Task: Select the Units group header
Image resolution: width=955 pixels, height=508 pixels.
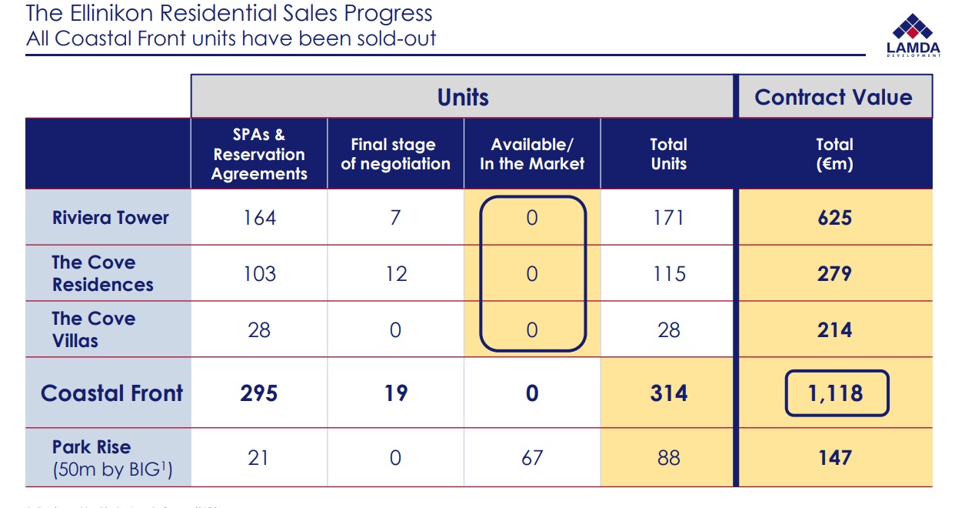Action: pos(463,97)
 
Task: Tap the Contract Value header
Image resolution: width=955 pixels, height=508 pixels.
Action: pos(834,97)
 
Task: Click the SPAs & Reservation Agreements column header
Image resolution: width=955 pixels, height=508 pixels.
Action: pos(259,154)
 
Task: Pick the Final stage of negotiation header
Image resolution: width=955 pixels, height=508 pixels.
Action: pos(395,154)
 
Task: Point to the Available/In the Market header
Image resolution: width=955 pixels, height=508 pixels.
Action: pos(532,154)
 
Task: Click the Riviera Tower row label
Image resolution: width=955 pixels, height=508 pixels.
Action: pos(110,218)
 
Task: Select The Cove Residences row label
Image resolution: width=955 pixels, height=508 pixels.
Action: pos(102,273)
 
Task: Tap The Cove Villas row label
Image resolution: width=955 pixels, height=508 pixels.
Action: pos(93,329)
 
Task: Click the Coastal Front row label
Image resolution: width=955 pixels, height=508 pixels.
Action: pos(111,393)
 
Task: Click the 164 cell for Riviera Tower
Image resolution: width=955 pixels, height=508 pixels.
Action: pos(259,218)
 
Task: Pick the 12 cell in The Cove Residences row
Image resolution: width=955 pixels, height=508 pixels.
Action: pos(395,274)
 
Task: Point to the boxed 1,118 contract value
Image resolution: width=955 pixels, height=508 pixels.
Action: pos(836,393)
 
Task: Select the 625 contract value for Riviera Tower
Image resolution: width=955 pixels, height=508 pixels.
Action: pos(834,218)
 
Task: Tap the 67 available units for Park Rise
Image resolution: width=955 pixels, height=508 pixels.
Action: pos(531,458)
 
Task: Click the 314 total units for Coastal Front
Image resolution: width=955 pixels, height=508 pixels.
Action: pos(668,393)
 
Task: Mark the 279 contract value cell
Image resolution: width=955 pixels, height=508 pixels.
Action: pos(834,274)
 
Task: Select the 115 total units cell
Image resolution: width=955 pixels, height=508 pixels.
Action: pos(668,274)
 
